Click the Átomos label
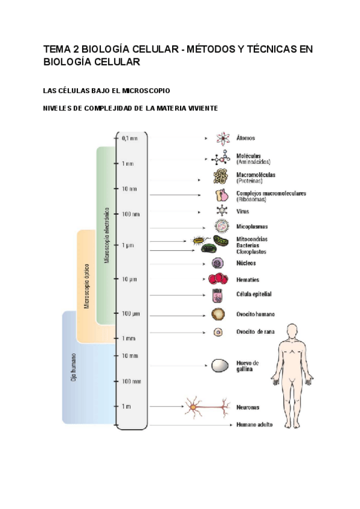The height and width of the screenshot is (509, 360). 246,138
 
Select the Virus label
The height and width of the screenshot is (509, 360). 242,211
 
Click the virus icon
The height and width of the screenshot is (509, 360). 223,211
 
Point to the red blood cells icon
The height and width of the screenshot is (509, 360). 218,279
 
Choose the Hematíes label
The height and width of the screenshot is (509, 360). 248,279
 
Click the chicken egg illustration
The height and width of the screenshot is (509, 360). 219,366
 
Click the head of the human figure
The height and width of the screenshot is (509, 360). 292,331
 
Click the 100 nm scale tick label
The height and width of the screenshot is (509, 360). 131,214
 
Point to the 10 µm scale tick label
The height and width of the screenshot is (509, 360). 130,279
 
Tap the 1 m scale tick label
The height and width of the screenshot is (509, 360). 126,406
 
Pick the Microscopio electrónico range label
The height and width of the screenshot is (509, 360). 106,235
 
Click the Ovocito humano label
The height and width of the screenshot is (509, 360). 256,314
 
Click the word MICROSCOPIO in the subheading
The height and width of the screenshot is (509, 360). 146,91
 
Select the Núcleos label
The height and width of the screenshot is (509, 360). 246,263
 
